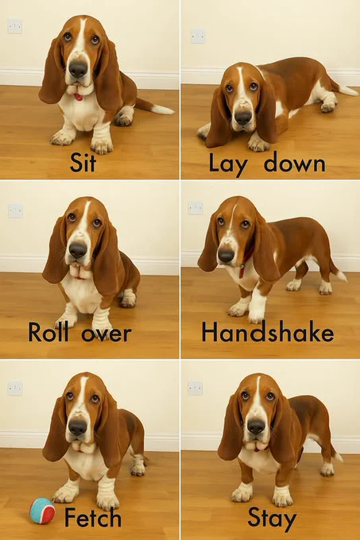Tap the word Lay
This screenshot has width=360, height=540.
[228, 164]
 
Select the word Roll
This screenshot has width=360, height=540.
[48, 332]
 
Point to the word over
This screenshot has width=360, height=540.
[106, 334]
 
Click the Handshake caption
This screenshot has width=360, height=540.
[268, 332]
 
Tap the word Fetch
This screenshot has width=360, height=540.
[93, 517]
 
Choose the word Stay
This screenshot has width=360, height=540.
[272, 519]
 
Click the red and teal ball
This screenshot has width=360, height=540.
[42, 511]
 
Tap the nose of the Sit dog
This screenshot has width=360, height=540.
[78, 69]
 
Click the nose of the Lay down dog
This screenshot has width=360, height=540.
[243, 118]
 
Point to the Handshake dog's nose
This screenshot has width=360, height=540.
[226, 256]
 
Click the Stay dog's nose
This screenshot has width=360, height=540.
[257, 426]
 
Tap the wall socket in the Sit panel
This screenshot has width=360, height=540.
[15, 26]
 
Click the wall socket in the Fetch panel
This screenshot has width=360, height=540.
[15, 388]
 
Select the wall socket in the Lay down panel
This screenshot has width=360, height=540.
[198, 37]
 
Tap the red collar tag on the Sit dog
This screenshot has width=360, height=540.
[79, 97]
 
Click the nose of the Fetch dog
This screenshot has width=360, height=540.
[78, 427]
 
